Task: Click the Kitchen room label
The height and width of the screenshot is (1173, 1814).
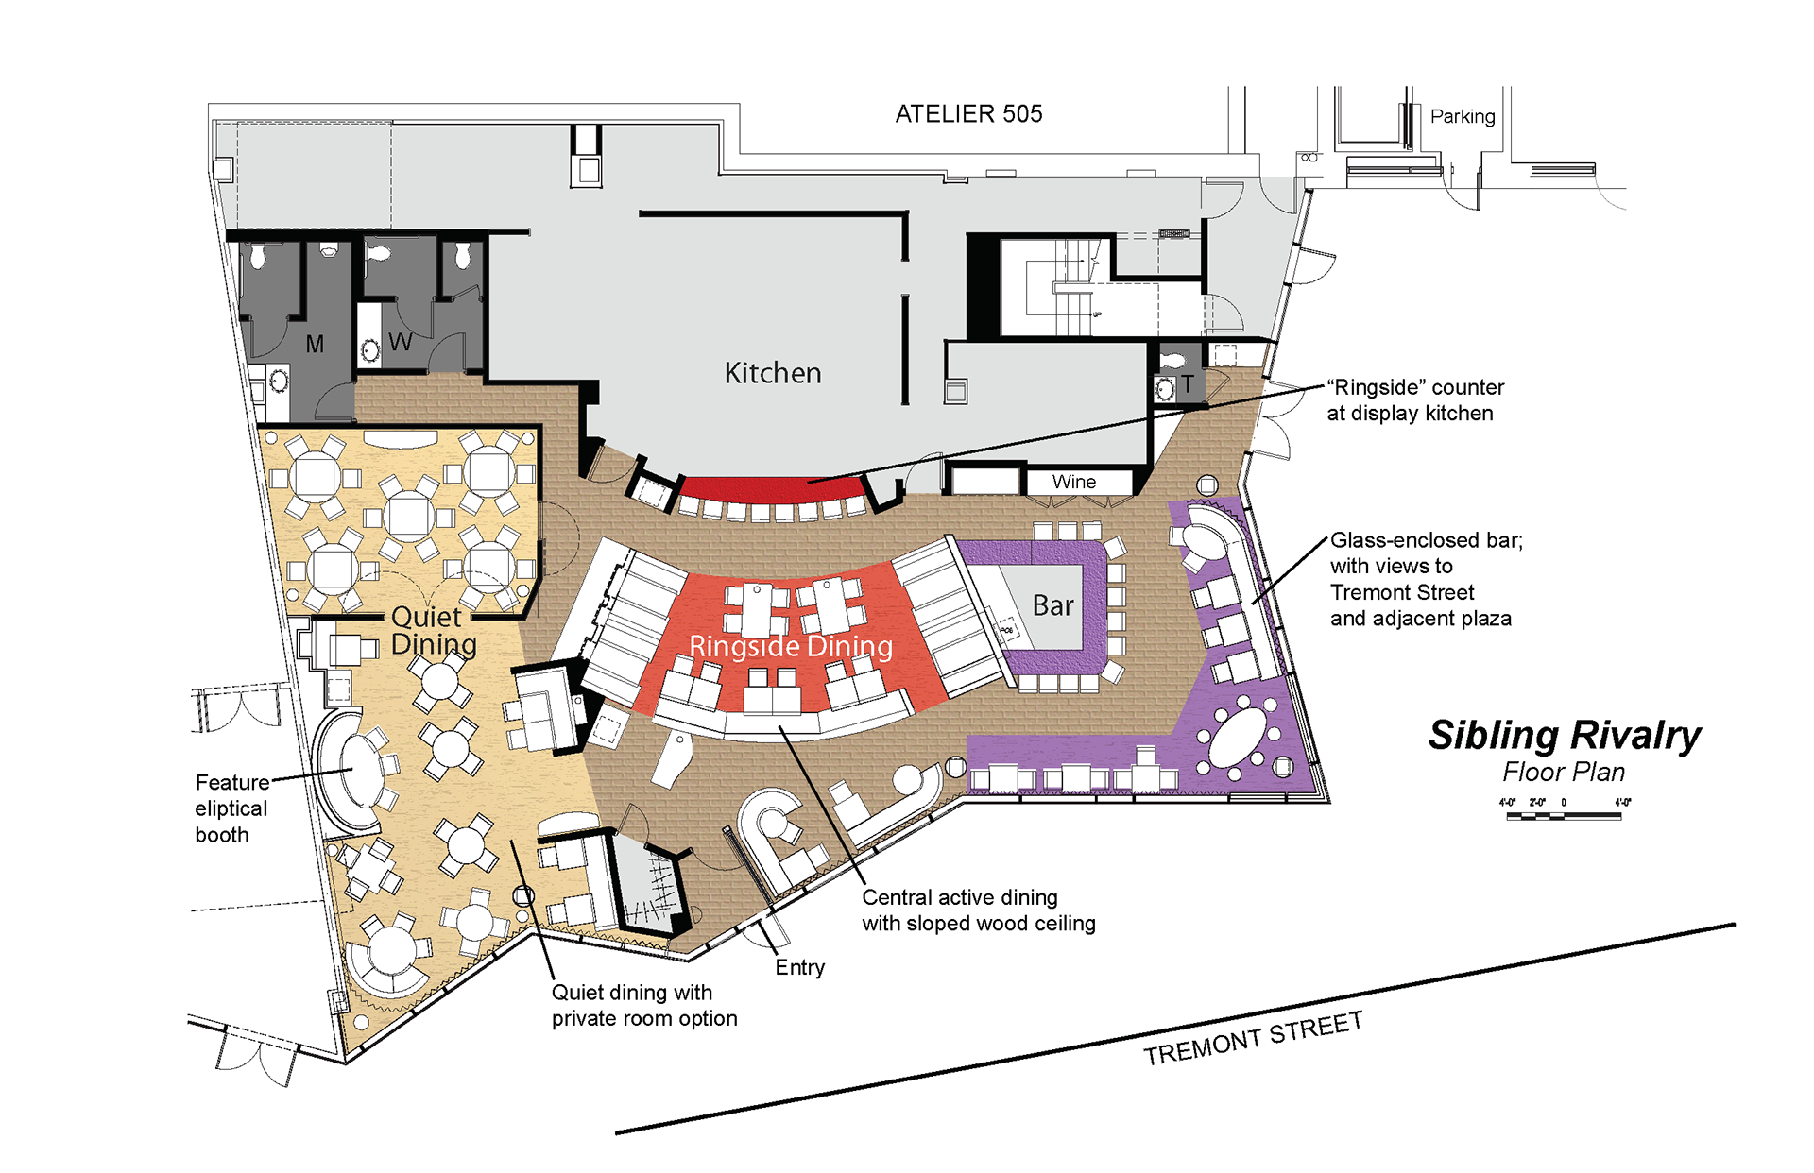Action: (773, 373)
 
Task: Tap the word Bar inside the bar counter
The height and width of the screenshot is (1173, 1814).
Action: (1052, 605)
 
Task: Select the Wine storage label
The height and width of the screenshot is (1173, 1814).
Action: (1074, 482)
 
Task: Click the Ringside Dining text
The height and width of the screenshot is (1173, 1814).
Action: (791, 646)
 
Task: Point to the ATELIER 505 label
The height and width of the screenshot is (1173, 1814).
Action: (968, 114)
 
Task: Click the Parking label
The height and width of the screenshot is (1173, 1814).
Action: (1463, 116)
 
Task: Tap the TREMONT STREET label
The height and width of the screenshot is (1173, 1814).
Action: (1253, 1038)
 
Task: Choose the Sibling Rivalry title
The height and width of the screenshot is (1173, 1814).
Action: (1565, 735)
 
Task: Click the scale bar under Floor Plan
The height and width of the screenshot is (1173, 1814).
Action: (1564, 815)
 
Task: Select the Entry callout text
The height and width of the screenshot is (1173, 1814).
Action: (800, 967)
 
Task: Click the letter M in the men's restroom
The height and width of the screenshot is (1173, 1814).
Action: (315, 345)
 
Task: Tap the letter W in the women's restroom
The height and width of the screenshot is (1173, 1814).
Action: (400, 342)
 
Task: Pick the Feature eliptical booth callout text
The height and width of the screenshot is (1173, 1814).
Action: (231, 808)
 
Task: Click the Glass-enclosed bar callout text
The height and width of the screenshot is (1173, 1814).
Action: (1426, 579)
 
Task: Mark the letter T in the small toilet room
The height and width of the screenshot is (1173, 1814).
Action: (1187, 383)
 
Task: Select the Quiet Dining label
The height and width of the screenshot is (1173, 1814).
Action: (434, 630)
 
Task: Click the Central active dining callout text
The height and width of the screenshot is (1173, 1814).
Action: (979, 910)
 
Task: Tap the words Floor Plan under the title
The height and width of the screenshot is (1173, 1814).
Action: (1564, 773)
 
